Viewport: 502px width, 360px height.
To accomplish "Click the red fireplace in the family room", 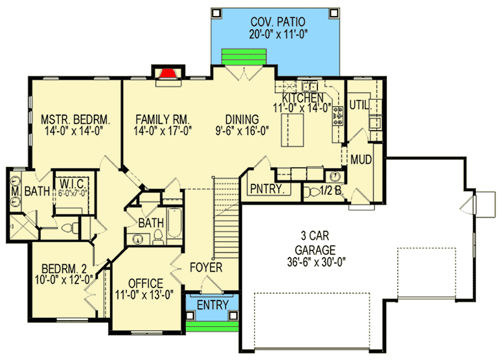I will pos(167,73).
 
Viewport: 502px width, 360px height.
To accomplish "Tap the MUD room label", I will pos(361,159).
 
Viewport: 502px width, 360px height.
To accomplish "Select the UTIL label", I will pos(359,104).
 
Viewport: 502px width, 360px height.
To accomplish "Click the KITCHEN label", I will pos(306,98).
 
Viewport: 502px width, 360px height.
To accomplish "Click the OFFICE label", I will pos(146,284).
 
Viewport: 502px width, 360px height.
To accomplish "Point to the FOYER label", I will pos(206,267).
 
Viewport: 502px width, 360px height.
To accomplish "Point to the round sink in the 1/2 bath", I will pos(334,176).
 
